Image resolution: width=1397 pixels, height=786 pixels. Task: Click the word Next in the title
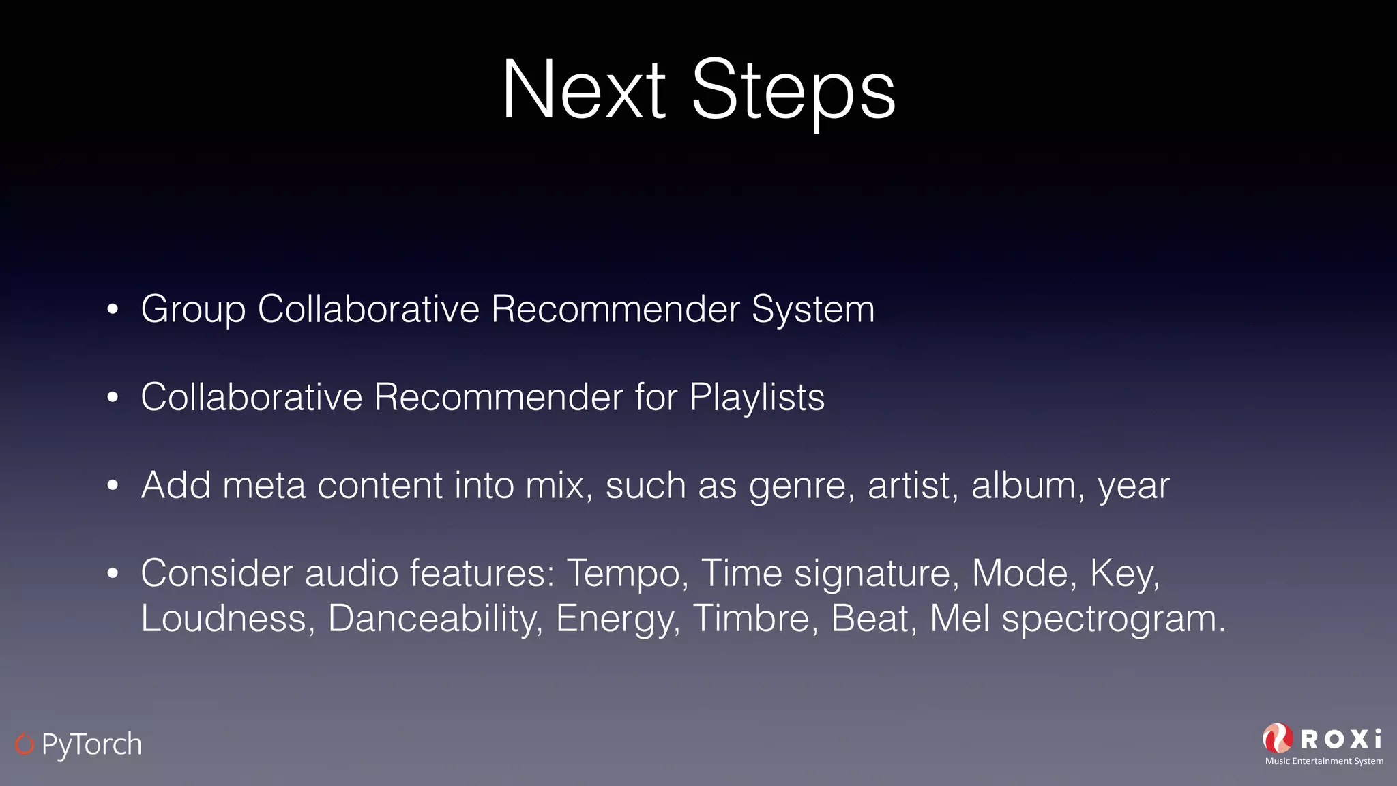pyautogui.click(x=583, y=90)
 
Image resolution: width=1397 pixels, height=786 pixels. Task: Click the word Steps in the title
pyautogui.click(x=793, y=90)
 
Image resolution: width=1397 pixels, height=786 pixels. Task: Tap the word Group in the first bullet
pyautogui.click(x=193, y=310)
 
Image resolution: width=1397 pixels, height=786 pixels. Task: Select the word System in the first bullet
pyautogui.click(x=812, y=310)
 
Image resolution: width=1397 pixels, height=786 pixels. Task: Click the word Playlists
pyautogui.click(x=756, y=398)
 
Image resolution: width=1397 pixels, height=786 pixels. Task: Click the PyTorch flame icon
pyautogui.click(x=24, y=744)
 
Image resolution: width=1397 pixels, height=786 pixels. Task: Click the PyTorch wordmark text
pyautogui.click(x=91, y=744)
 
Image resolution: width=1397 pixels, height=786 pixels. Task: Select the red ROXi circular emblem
pyautogui.click(x=1278, y=739)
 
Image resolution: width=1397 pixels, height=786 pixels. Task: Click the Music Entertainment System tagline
pyautogui.click(x=1324, y=761)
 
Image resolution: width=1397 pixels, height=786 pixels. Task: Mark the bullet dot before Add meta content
pyautogui.click(x=113, y=486)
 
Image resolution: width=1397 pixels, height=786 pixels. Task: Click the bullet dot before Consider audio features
pyautogui.click(x=113, y=574)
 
